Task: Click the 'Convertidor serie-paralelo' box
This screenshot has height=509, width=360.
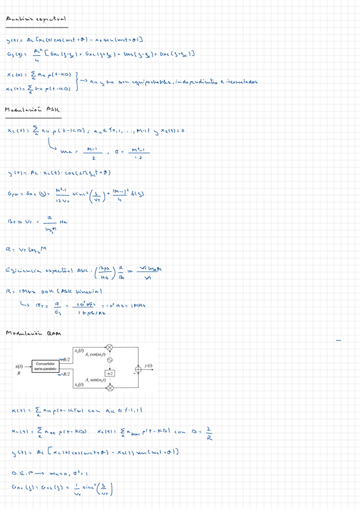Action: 46,366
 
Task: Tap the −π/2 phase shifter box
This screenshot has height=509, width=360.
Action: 110,373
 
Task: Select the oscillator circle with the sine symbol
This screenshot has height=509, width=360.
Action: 110,361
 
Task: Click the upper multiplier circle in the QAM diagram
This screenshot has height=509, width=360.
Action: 110,347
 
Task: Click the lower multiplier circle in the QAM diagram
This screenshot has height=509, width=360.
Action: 110,388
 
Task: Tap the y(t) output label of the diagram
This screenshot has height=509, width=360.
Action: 149,366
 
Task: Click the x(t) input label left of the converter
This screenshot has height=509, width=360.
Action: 19,366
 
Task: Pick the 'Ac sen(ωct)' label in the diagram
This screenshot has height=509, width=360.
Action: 96,380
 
